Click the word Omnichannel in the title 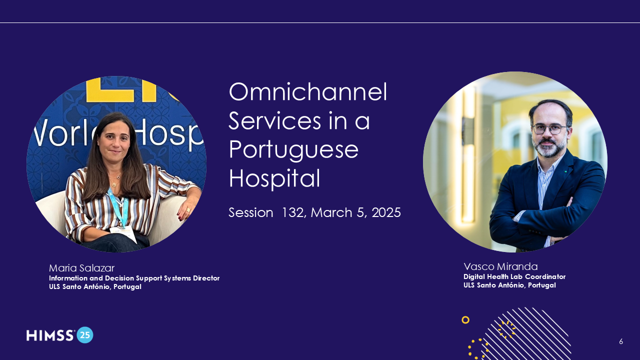click(x=308, y=91)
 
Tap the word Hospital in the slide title click(x=274, y=179)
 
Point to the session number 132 click(x=294, y=212)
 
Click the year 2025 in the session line click(x=386, y=212)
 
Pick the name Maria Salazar click(x=81, y=268)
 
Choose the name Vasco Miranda click(x=500, y=266)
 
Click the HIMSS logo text click(x=50, y=335)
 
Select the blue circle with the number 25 click(x=85, y=335)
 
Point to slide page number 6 click(x=621, y=341)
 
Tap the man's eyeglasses click(x=549, y=129)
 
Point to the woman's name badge click(x=123, y=233)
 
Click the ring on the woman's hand click(x=188, y=210)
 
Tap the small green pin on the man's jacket click(x=565, y=171)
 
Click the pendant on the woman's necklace click(x=114, y=184)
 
